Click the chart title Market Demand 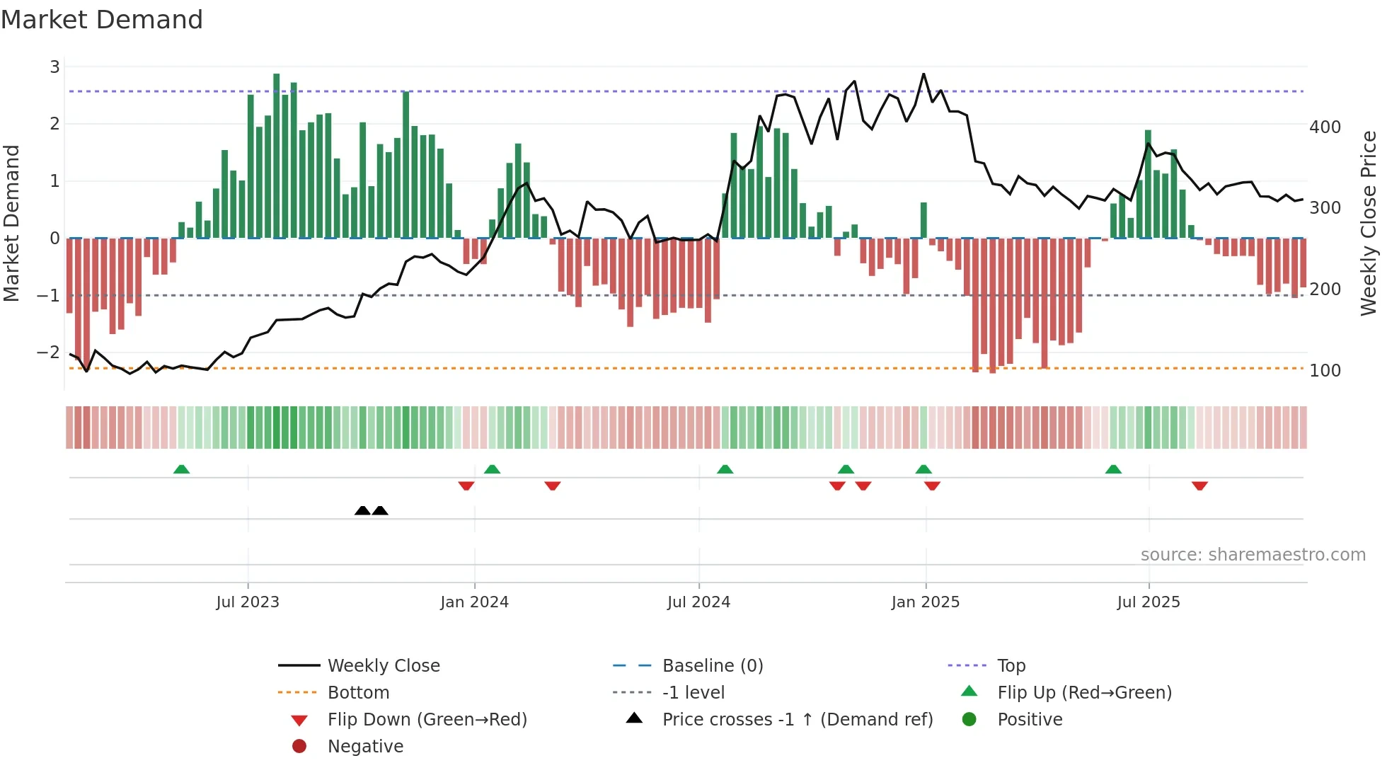pos(102,20)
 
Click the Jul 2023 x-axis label pos(248,602)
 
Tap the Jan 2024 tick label pos(474,602)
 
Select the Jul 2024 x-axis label pos(698,602)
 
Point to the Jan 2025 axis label pos(925,602)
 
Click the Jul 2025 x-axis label pos(1149,602)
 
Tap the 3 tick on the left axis pos(54,67)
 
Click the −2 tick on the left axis pos(49,352)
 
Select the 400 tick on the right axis pos(1325,127)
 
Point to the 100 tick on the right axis pos(1325,371)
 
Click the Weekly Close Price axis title pos(1369,223)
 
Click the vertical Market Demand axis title pos(11,223)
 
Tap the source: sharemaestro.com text pos(1253,555)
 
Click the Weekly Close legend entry pos(383,666)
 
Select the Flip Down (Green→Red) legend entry pos(427,720)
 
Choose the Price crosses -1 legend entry pos(797,720)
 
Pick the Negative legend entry pos(364,747)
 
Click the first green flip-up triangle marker pos(181,469)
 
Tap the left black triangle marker pos(362,510)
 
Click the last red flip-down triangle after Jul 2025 pos(1199,486)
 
